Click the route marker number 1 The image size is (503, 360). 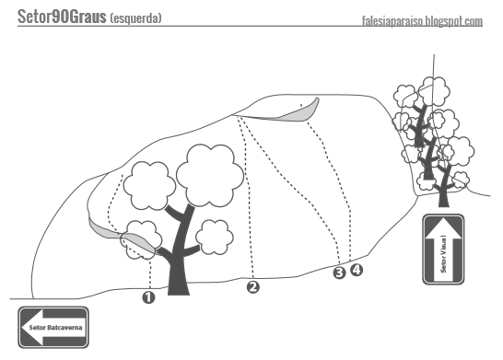[148, 297]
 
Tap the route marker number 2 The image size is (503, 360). [253, 287]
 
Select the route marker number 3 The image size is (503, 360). [339, 273]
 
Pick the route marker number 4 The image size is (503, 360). [357, 270]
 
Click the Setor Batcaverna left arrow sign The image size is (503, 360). [53, 327]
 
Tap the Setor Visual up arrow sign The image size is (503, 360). [443, 250]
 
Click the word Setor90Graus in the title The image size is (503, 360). [62, 17]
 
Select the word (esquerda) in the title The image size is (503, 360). [135, 18]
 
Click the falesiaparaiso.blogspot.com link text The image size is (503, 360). [422, 21]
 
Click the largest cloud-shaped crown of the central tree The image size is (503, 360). [210, 175]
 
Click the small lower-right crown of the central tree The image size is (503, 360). [215, 237]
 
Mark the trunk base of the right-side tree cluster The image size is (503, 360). [444, 201]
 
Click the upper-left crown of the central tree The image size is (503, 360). [149, 186]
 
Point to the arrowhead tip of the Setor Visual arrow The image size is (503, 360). [443, 218]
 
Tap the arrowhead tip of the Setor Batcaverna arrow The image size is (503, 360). [22, 327]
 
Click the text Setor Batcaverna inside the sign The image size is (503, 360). [55, 328]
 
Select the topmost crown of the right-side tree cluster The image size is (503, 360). [435, 91]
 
